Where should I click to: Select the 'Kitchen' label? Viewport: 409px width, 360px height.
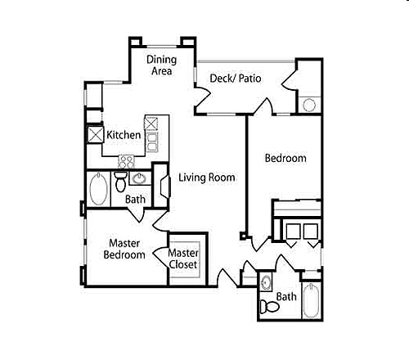tap(124, 135)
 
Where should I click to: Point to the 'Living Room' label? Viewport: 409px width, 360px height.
tap(207, 178)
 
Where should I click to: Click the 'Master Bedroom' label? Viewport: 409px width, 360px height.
tap(124, 249)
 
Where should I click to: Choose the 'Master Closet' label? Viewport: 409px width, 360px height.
tap(184, 259)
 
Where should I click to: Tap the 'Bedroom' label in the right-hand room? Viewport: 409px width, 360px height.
tap(285, 158)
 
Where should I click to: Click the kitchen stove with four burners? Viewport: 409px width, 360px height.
tap(127, 160)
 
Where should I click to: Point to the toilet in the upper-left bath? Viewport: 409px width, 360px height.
tap(120, 181)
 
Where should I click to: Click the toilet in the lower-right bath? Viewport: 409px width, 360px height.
tap(266, 306)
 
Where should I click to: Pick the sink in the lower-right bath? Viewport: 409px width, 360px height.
tap(267, 284)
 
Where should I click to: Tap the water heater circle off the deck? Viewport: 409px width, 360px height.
tap(308, 105)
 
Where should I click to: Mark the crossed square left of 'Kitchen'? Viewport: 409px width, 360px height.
tap(94, 135)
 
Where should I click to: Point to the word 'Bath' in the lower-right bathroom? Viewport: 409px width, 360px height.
tap(286, 297)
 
